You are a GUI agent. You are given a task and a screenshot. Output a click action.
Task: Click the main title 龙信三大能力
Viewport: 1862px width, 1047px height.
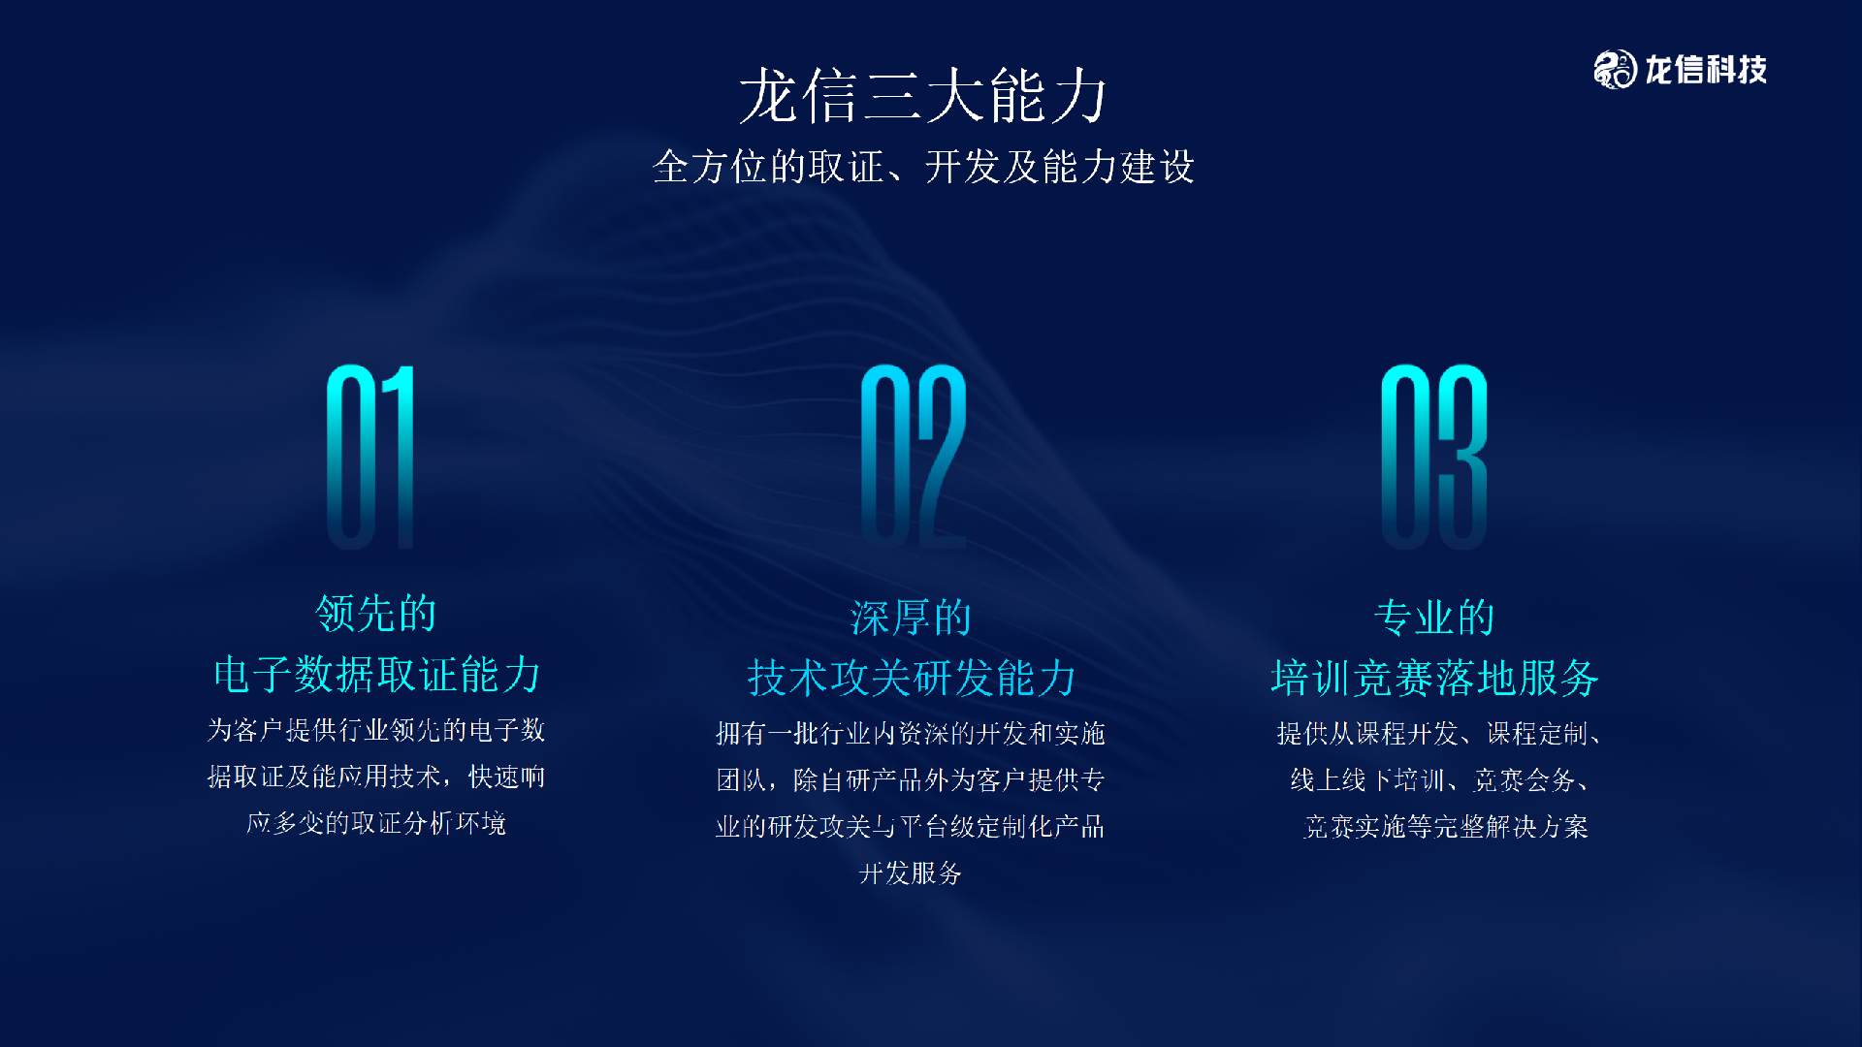(x=922, y=97)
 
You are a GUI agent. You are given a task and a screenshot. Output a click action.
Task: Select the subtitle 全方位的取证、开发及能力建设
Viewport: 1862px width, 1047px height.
(x=922, y=167)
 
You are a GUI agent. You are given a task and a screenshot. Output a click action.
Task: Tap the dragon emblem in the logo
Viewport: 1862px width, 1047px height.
(x=1615, y=70)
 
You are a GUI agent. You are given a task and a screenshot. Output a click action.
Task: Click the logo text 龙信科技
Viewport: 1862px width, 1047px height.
(x=1706, y=70)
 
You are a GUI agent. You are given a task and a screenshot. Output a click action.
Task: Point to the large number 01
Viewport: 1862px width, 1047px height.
(x=370, y=456)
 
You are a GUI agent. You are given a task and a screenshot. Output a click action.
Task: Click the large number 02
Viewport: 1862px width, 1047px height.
(x=913, y=456)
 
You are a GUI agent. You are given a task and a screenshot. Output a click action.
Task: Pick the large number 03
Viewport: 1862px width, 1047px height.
(x=1433, y=456)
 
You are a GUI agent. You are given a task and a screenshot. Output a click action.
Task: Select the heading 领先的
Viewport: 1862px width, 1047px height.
(x=376, y=614)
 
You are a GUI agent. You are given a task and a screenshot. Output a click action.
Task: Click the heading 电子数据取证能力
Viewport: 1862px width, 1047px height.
(x=376, y=675)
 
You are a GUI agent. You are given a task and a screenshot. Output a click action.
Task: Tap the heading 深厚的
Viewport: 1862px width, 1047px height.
(x=911, y=619)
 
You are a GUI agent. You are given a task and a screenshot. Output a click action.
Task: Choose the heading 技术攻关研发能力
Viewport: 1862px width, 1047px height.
(x=911, y=678)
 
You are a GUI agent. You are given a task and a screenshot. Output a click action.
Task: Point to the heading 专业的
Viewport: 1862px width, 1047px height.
(x=1434, y=619)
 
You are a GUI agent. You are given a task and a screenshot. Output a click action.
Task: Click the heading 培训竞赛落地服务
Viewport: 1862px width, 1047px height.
(x=1434, y=678)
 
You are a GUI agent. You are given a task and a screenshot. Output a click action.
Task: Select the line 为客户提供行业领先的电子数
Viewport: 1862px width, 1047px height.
(x=376, y=730)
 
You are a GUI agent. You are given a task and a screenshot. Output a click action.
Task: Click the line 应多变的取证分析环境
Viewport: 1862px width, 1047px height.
(x=376, y=823)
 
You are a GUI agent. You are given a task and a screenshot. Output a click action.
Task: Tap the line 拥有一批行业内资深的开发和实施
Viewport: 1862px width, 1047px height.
(x=911, y=734)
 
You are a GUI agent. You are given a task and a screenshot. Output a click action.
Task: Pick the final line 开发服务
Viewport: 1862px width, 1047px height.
(x=911, y=873)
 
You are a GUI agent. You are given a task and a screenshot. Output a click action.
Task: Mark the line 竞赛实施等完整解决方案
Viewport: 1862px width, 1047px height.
(x=1445, y=827)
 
